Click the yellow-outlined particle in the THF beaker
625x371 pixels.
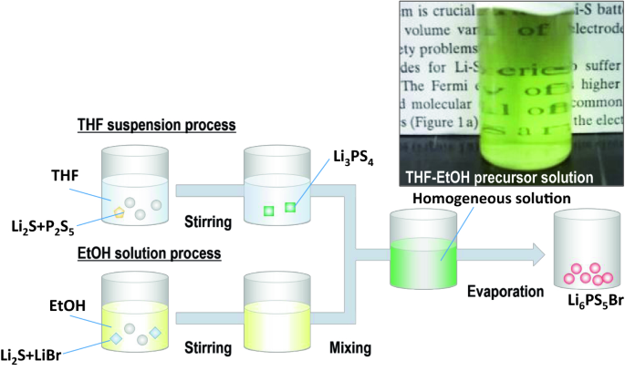119,213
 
